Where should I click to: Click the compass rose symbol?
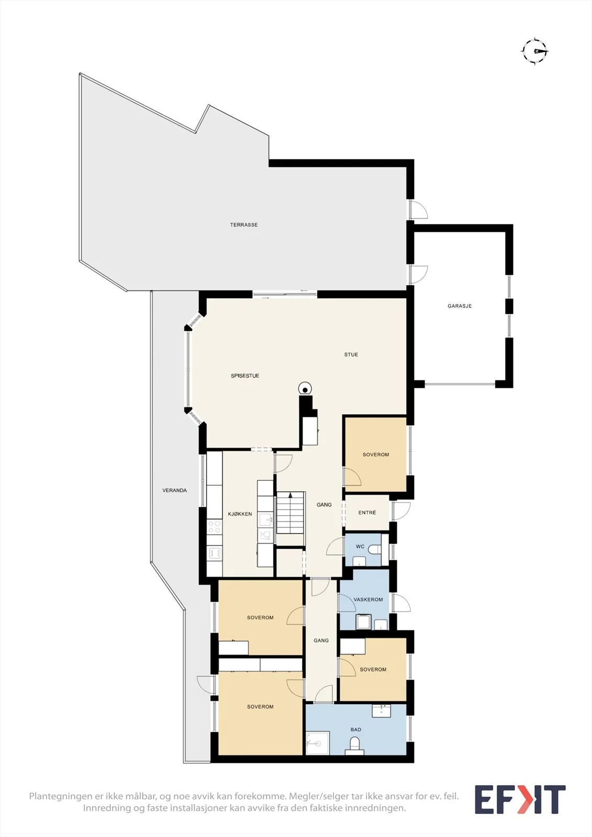(535, 51)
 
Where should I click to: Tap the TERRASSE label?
(244, 225)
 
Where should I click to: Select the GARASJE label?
(460, 306)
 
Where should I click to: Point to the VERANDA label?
(175, 491)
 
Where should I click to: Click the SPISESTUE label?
(245, 376)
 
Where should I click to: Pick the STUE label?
(351, 355)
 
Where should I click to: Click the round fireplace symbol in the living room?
(305, 389)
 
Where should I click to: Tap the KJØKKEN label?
(240, 514)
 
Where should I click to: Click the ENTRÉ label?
(367, 513)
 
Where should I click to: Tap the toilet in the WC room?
(375, 549)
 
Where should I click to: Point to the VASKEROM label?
(368, 600)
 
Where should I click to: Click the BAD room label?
(356, 730)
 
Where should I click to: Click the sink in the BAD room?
(382, 711)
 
